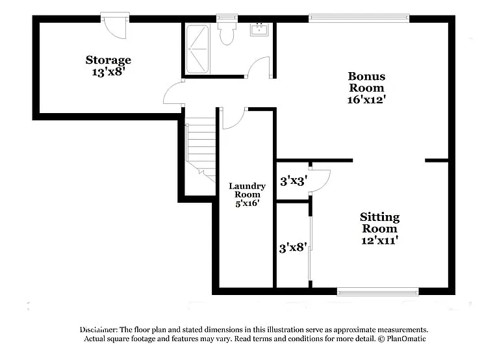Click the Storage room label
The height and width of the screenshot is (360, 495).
[x=108, y=60]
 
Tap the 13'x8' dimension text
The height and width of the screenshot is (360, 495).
[x=108, y=73]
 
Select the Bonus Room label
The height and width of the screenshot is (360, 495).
[x=366, y=82]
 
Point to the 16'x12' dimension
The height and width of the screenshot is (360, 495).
[x=366, y=100]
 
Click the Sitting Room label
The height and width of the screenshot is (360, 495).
[x=379, y=222]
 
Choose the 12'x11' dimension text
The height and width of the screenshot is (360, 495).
[x=379, y=240]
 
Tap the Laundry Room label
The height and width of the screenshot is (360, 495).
[x=247, y=190]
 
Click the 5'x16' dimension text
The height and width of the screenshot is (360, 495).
[x=247, y=203]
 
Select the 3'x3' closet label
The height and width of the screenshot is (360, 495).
[x=293, y=181]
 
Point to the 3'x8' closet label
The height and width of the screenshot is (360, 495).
[x=293, y=248]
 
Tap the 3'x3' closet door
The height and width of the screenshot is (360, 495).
[x=320, y=180]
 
